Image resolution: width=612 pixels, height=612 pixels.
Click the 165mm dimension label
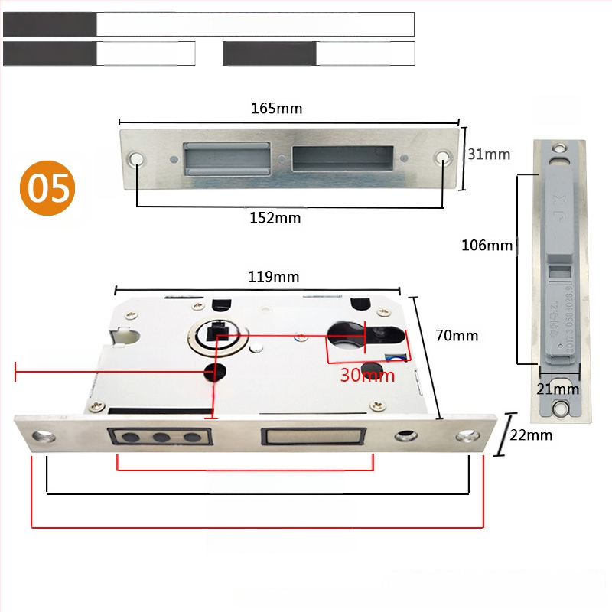point(277,109)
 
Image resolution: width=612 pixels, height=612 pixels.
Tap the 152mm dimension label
point(275,218)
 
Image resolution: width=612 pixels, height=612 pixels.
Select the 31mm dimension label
point(489,155)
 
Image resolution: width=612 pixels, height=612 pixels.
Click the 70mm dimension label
point(457,335)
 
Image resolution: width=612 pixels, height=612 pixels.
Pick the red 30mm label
point(367,375)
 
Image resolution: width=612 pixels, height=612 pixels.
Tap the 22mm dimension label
point(530,435)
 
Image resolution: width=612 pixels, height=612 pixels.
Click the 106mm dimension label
point(487,246)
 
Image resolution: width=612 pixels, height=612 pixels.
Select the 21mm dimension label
point(558,389)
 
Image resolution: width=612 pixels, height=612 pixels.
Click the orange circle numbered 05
point(48,187)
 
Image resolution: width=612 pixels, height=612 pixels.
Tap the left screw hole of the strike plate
point(138,159)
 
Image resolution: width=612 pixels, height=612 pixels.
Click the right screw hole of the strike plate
point(443,159)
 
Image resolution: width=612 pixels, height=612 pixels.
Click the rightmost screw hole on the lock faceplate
point(466,437)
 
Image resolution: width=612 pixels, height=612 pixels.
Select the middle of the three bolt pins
point(161,438)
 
